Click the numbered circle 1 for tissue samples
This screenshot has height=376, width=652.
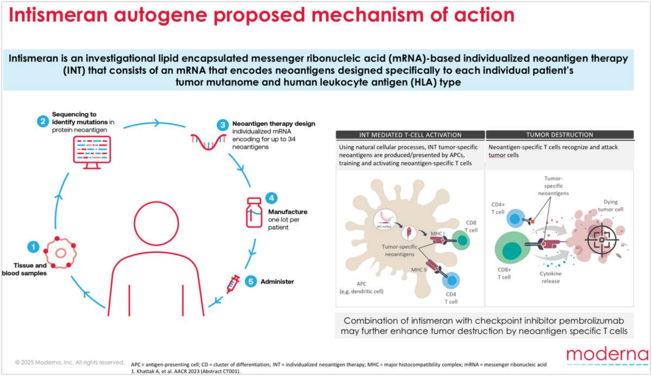click(33, 247)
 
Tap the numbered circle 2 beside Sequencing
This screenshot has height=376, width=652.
click(43, 121)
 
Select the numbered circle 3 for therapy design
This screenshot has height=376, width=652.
click(223, 125)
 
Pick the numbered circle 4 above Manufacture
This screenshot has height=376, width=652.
click(271, 198)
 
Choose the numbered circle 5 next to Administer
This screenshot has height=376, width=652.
click(250, 281)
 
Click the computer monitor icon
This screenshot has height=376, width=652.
click(92, 153)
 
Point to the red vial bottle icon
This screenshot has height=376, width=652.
click(254, 212)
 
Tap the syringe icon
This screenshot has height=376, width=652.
click(233, 284)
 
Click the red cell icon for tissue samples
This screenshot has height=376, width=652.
click(60, 252)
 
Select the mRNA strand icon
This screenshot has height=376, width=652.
click(209, 142)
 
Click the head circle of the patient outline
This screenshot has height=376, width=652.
click(156, 223)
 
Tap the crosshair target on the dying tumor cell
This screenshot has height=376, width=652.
click(601, 240)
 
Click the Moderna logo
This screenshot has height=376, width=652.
click(608, 355)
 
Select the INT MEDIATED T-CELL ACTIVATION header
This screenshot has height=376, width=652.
click(410, 135)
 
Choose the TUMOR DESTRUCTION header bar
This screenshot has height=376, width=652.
click(560, 135)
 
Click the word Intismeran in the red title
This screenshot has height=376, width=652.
click(58, 15)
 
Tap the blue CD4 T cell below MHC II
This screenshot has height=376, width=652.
click(451, 280)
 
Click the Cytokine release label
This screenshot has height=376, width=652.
click(550, 277)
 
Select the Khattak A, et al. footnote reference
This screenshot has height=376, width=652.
click(186, 371)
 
